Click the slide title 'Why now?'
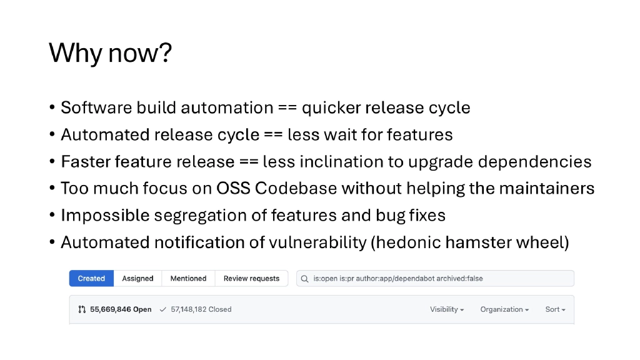click(110, 53)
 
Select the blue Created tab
click(91, 279)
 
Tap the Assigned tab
click(137, 279)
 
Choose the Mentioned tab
click(188, 279)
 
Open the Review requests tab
click(251, 279)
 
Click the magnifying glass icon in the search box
click(304, 279)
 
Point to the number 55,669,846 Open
click(121, 309)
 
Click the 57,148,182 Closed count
click(201, 309)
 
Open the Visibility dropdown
click(446, 309)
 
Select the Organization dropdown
click(504, 309)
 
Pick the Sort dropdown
click(555, 309)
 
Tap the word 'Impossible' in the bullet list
click(105, 216)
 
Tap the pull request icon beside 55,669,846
click(82, 309)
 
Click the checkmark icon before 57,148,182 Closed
click(163, 309)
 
